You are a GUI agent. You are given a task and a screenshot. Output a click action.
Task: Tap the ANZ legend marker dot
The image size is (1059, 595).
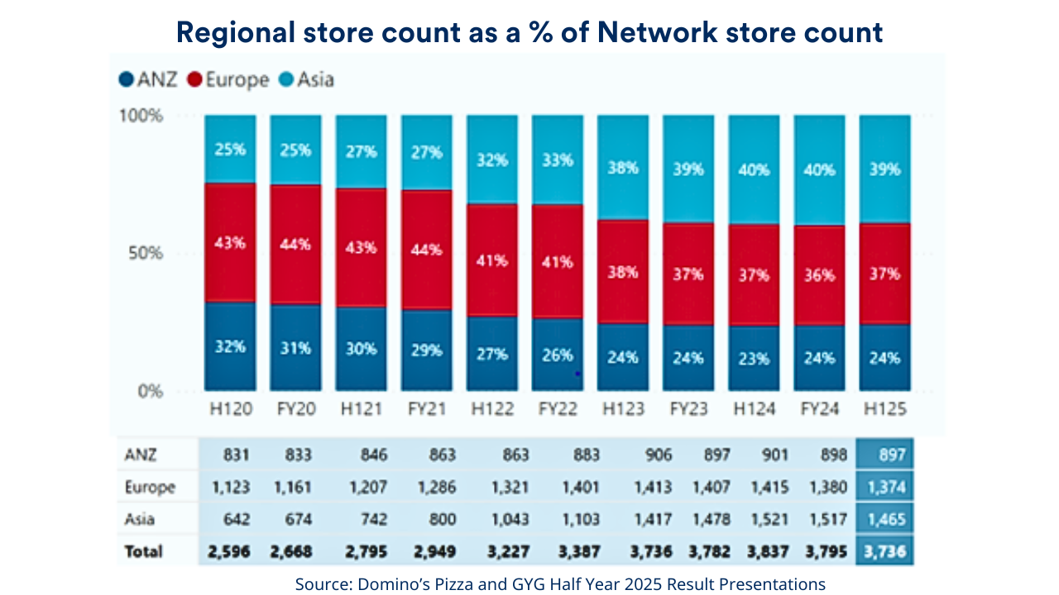click(x=127, y=80)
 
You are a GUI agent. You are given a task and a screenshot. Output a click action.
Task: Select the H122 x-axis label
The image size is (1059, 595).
click(x=491, y=409)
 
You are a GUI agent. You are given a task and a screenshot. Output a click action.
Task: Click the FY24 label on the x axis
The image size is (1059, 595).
click(x=819, y=409)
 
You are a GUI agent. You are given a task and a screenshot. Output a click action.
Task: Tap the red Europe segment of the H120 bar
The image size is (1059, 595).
click(x=230, y=243)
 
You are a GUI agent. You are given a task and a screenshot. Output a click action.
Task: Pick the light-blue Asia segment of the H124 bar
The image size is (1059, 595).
click(x=754, y=169)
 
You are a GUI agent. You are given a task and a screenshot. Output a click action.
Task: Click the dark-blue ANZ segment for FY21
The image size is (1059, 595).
click(x=426, y=350)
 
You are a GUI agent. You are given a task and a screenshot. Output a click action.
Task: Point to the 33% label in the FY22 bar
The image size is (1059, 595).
click(x=557, y=159)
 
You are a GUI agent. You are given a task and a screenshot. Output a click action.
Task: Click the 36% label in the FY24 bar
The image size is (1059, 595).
click(x=819, y=276)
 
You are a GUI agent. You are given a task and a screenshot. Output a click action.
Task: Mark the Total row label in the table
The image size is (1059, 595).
click(x=144, y=551)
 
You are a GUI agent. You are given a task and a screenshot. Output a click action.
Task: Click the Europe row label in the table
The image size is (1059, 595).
click(x=149, y=488)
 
